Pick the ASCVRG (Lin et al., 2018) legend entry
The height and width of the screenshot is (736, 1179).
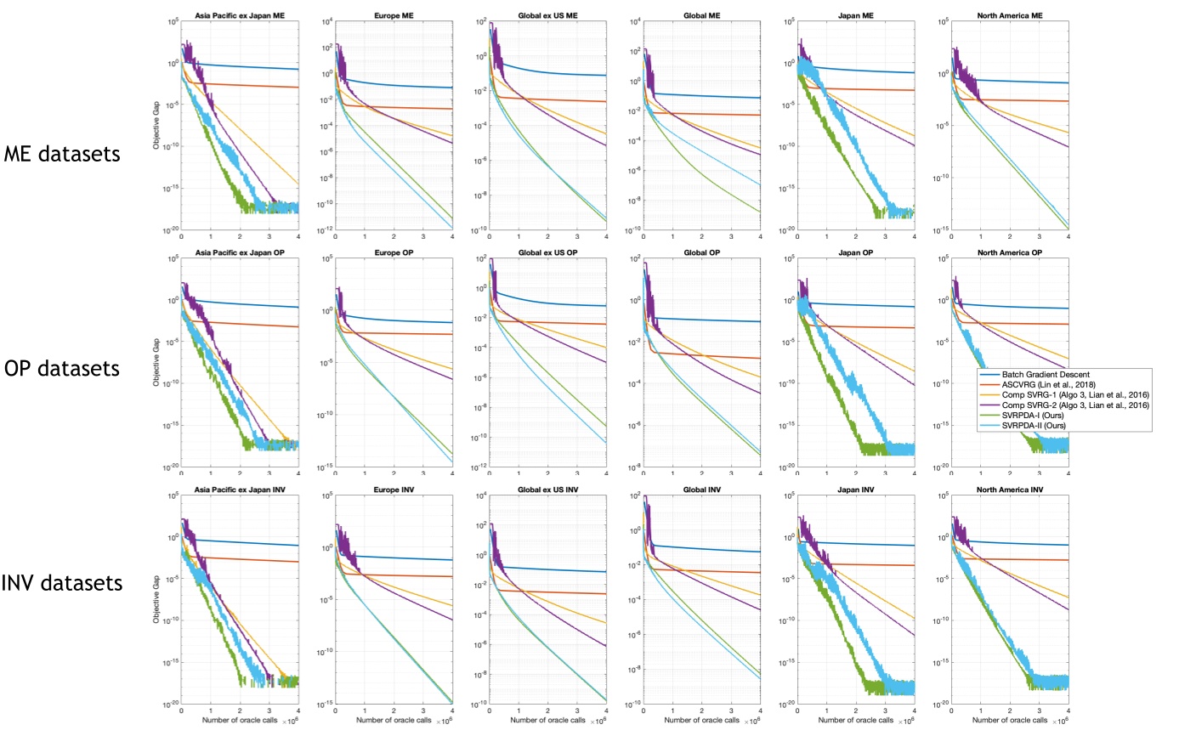[x=1063, y=385]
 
